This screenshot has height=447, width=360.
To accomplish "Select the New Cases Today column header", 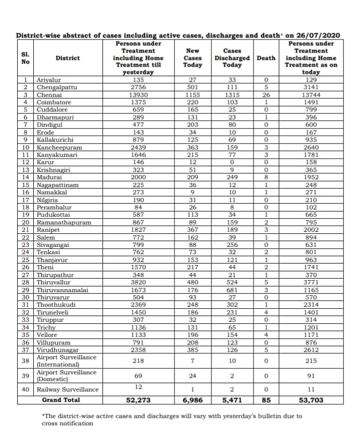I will tap(193, 58).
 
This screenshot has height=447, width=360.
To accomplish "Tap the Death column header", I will tap(266, 58).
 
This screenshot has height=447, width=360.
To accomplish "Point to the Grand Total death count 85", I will tap(266, 400).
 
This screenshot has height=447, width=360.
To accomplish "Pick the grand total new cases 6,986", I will tap(193, 400).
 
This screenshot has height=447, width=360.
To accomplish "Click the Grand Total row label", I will tap(61, 400).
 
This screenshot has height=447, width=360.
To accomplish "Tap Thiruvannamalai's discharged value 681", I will tap(232, 290).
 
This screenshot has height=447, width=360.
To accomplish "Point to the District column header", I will tap(68, 58).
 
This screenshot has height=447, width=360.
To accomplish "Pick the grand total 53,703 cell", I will tap(311, 400).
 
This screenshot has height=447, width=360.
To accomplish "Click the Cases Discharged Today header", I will tap(232, 58).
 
